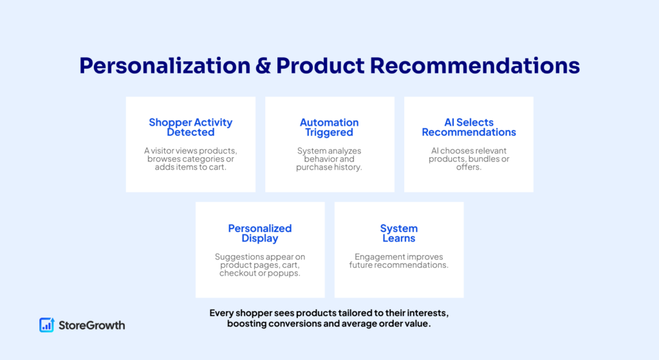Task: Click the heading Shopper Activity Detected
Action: tap(190, 127)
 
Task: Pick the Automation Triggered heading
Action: tap(329, 127)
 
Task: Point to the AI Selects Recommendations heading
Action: tap(469, 127)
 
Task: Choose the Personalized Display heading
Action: tap(260, 233)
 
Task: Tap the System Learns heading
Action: tap(399, 233)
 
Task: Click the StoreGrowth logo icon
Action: tap(46, 325)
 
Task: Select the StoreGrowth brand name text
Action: tap(91, 325)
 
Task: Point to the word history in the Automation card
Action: tap(347, 167)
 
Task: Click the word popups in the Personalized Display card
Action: tap(285, 273)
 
